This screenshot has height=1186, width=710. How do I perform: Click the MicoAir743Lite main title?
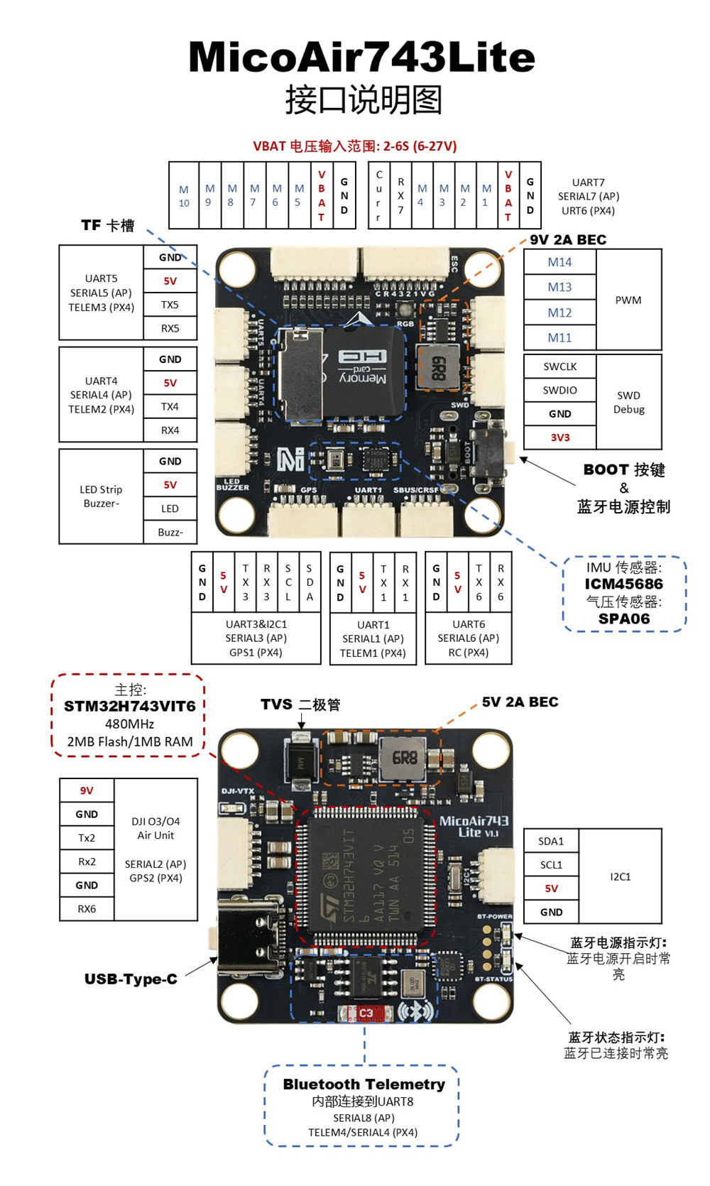click(x=361, y=57)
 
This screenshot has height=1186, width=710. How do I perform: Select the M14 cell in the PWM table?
click(x=559, y=262)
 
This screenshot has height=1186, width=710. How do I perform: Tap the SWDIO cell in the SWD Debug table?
click(x=559, y=390)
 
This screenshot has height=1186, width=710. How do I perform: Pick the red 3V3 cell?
click(x=559, y=437)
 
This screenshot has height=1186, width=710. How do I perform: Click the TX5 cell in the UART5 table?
click(x=170, y=305)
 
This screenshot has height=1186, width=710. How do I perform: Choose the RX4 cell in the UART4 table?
click(x=170, y=430)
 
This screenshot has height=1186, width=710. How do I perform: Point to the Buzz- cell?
click(x=170, y=532)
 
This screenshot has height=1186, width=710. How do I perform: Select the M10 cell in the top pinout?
click(x=184, y=196)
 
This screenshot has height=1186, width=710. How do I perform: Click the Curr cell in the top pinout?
click(x=378, y=195)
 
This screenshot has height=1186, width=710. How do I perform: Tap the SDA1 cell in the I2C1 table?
click(x=551, y=841)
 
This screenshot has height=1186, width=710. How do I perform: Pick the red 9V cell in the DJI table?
click(x=87, y=790)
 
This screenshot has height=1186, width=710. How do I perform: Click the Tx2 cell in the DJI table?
click(x=87, y=838)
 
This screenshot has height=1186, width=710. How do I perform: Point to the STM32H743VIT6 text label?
click(x=129, y=707)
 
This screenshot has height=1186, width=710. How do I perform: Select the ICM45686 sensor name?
click(x=623, y=584)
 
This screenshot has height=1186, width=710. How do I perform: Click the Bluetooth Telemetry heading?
click(x=364, y=1084)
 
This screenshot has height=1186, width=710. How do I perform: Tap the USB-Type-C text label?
click(x=131, y=979)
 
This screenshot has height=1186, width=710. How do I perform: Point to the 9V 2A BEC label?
click(x=568, y=239)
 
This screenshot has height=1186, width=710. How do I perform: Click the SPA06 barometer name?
click(x=623, y=619)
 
